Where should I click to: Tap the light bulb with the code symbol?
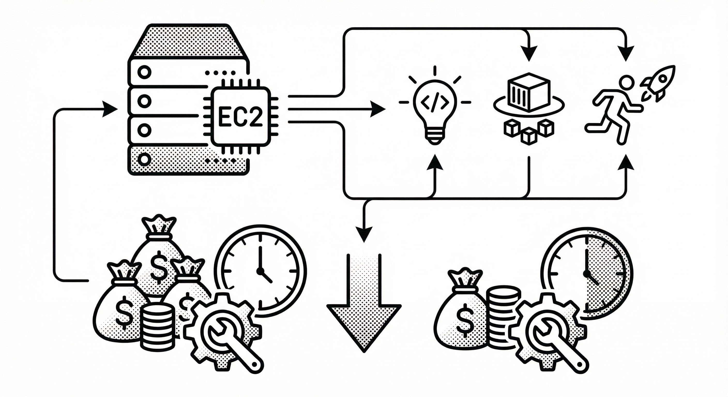coord(435,107)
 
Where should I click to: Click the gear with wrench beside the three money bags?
coord(223,331)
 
